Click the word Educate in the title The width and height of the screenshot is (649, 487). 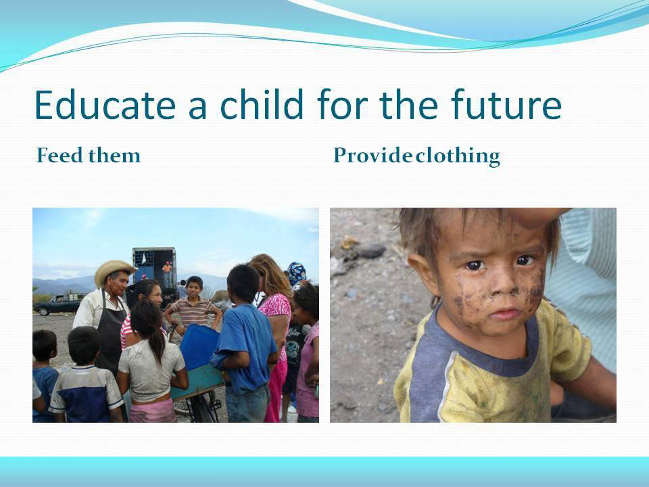click(x=105, y=105)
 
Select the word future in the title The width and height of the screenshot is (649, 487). click(x=506, y=104)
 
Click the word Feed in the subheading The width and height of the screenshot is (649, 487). click(x=60, y=156)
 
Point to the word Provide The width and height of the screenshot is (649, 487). click(x=373, y=156)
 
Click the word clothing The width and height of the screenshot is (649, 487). click(x=458, y=156)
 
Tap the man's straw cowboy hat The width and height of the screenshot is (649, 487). click(x=115, y=271)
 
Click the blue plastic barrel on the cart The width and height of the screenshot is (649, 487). click(x=200, y=346)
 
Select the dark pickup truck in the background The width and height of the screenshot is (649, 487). click(x=59, y=304)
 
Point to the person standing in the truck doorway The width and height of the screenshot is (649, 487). click(x=167, y=273)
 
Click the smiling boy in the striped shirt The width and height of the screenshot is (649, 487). click(x=194, y=302)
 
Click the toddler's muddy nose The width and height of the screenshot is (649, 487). click(x=503, y=284)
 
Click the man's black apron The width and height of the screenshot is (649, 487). click(x=110, y=331)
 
